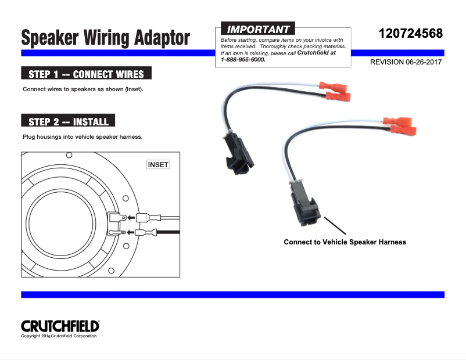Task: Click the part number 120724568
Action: click(x=410, y=33)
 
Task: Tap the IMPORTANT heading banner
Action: click(x=258, y=29)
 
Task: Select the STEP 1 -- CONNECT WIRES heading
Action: click(x=86, y=74)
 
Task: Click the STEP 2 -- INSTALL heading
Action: click(x=68, y=121)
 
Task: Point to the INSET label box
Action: click(x=158, y=165)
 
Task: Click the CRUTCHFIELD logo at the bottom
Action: click(x=60, y=326)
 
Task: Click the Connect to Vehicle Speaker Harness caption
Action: click(x=345, y=242)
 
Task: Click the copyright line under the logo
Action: click(x=59, y=336)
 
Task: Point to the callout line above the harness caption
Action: click(x=331, y=226)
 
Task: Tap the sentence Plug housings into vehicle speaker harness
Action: click(x=83, y=137)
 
